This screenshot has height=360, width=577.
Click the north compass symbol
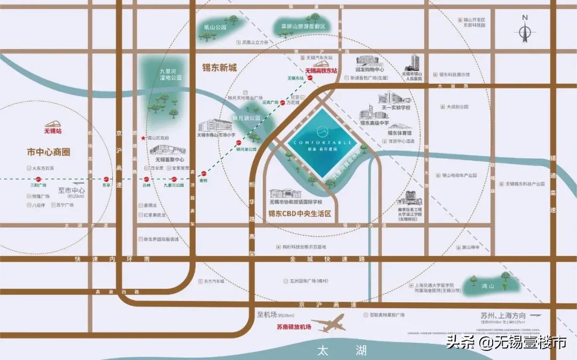(x=525, y=32)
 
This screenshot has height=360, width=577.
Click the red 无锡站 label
(x=53, y=130)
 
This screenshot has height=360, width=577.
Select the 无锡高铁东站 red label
(x=321, y=71)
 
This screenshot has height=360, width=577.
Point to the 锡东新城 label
(x=219, y=68)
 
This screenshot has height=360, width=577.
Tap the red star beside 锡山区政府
(x=142, y=138)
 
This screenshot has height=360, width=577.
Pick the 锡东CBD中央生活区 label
(x=300, y=213)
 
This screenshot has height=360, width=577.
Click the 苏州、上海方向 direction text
(x=503, y=315)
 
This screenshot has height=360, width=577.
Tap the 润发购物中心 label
(x=370, y=69)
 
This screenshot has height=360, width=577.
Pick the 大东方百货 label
(x=43, y=168)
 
